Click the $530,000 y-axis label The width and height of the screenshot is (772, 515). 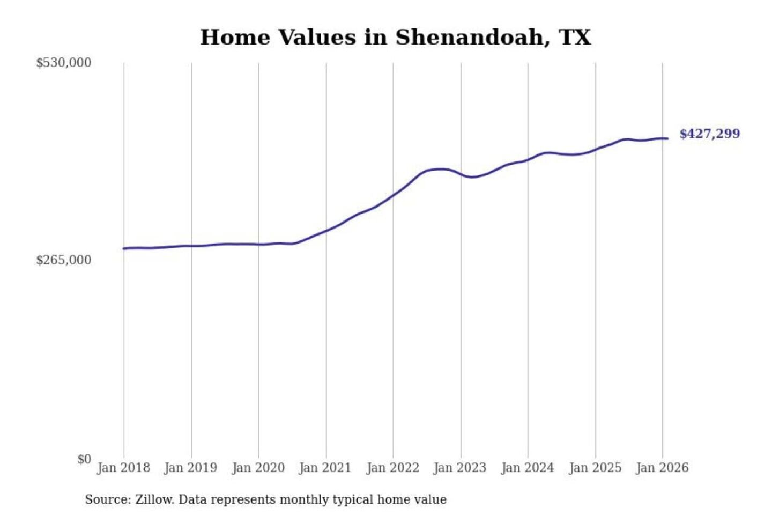pyautogui.click(x=63, y=63)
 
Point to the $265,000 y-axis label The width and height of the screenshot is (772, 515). pyautogui.click(x=63, y=260)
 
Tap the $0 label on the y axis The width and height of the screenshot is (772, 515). pyautogui.click(x=84, y=459)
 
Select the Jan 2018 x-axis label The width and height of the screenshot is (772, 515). pyautogui.click(x=123, y=468)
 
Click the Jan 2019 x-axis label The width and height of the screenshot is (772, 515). pyautogui.click(x=190, y=468)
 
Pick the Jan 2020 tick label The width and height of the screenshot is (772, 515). pyautogui.click(x=258, y=468)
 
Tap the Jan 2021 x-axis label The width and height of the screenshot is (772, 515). pyautogui.click(x=325, y=468)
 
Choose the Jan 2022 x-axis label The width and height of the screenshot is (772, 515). pyautogui.click(x=392, y=468)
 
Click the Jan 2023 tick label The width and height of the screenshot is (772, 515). pyautogui.click(x=459, y=468)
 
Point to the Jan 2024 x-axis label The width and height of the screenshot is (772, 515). pyautogui.click(x=527, y=468)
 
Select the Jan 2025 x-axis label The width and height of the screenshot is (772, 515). pyautogui.click(x=595, y=468)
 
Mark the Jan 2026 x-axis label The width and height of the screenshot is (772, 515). pyautogui.click(x=662, y=468)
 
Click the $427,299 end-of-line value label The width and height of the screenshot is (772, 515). pyautogui.click(x=709, y=134)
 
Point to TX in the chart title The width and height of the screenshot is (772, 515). pyautogui.click(x=575, y=38)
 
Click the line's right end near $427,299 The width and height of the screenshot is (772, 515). pyautogui.click(x=667, y=139)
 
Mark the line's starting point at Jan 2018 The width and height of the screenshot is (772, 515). pyautogui.click(x=124, y=248)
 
